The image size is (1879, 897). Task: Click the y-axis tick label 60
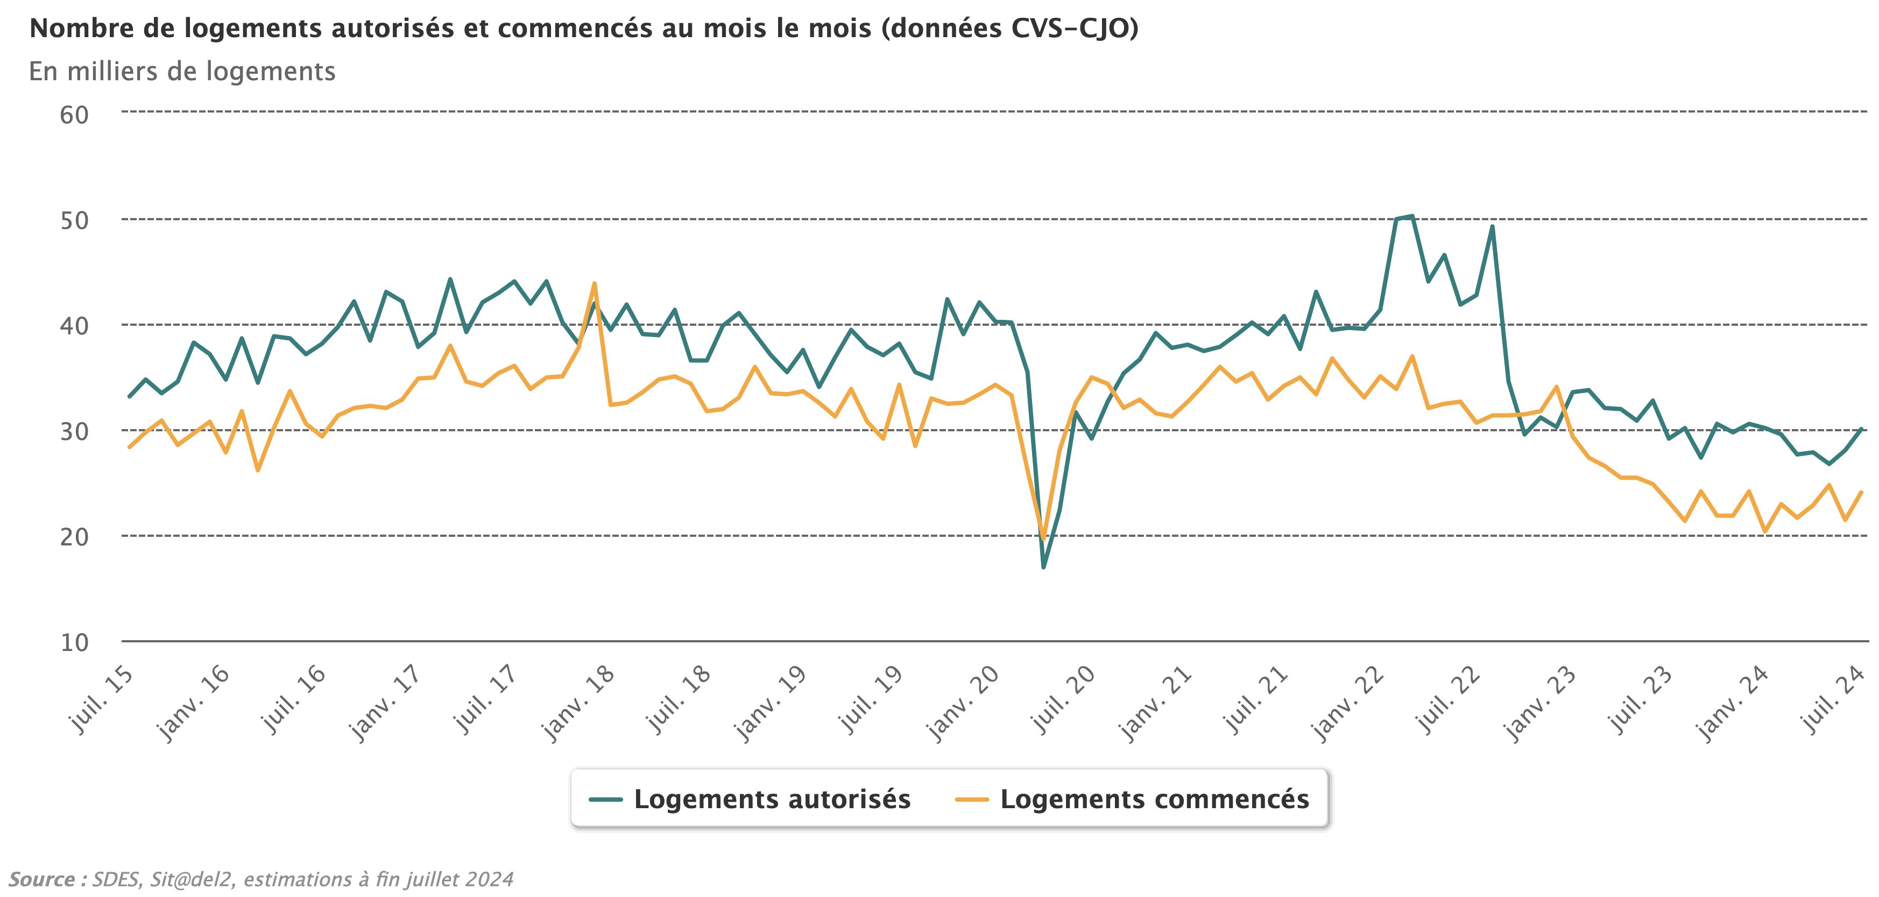coord(74,115)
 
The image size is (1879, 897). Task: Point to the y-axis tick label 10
coord(74,643)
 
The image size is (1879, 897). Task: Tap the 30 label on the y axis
coord(74,431)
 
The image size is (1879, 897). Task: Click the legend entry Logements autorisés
coord(772,799)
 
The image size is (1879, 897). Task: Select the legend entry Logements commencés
coord(1154,799)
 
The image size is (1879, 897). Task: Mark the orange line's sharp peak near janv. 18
coord(595,283)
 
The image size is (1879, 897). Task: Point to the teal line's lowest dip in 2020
coord(1043,567)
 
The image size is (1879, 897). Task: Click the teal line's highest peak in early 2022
coord(1412,216)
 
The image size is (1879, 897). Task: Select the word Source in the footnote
coord(43,879)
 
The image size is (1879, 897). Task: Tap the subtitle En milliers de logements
coord(182,72)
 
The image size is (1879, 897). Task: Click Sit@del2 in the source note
coord(193,879)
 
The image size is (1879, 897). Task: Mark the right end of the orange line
coord(1861,493)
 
